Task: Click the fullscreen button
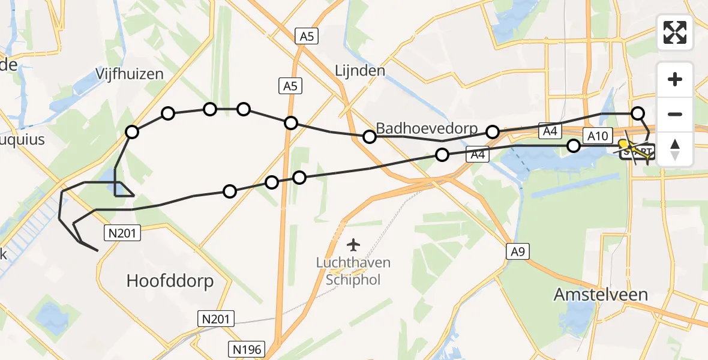(x=675, y=32)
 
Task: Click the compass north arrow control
(x=675, y=149)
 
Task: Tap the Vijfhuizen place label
(x=130, y=74)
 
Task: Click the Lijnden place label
(x=359, y=71)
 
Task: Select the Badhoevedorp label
(x=426, y=128)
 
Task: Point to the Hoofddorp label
(x=170, y=281)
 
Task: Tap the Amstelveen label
(x=601, y=295)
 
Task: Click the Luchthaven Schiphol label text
(x=354, y=271)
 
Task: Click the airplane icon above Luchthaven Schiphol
(x=354, y=245)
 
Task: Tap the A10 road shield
(x=597, y=136)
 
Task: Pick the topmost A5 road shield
(x=307, y=37)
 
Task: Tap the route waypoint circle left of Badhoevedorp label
(x=370, y=137)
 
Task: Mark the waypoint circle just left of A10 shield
(x=574, y=145)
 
